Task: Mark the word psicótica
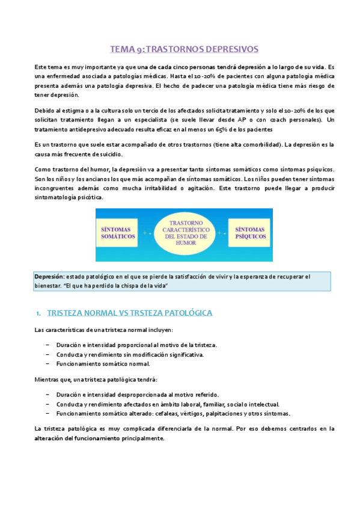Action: pos(89,198)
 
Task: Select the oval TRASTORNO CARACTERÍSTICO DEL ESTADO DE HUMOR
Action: pos(180,234)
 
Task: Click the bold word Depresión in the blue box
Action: pos(49,276)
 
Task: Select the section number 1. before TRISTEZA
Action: pos(38,314)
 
